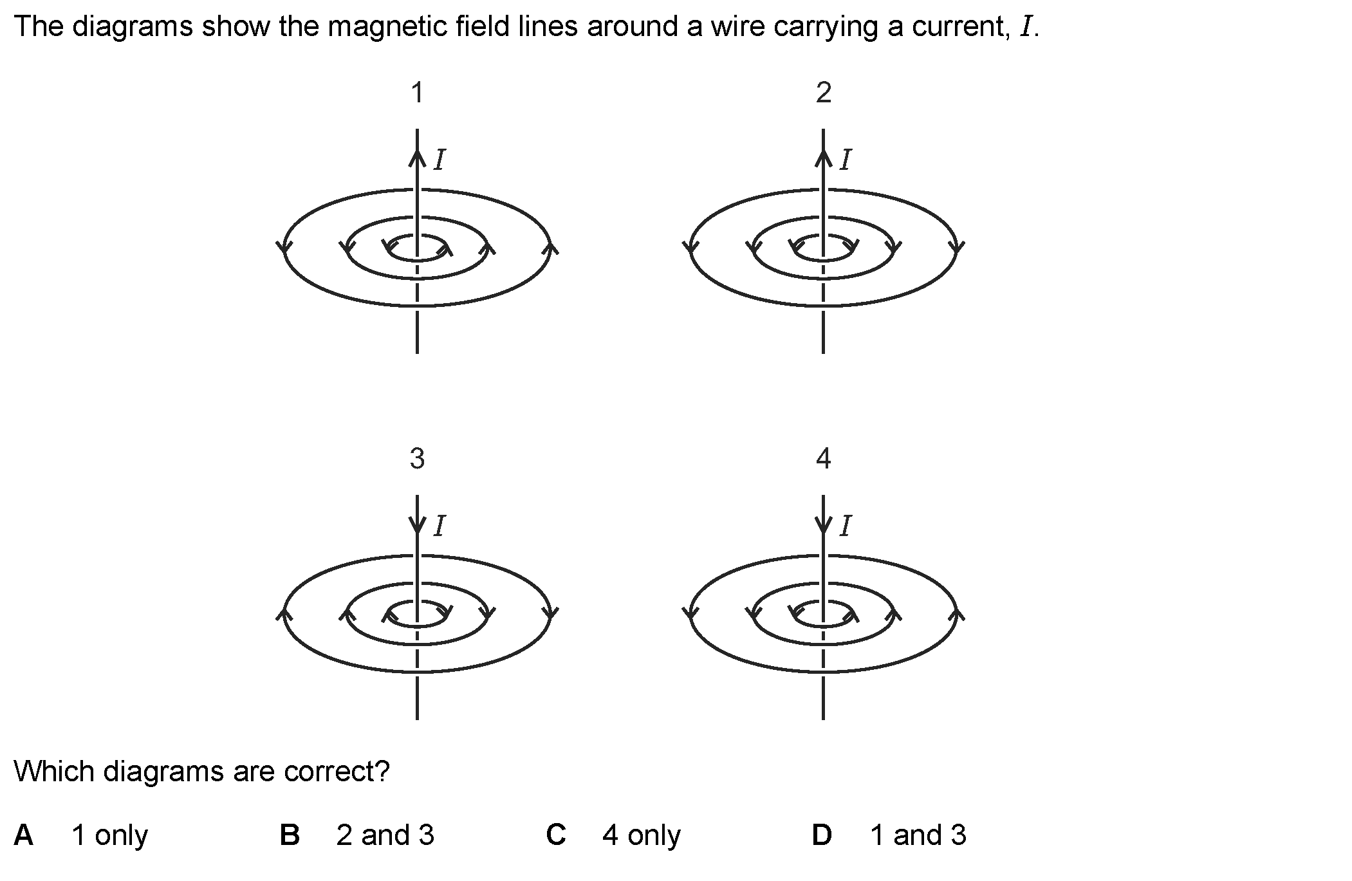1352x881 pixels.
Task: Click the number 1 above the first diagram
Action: coord(417,93)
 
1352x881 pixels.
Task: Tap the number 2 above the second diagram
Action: coord(823,93)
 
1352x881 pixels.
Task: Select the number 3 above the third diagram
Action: coord(417,459)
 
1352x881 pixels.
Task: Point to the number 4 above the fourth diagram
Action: coord(823,459)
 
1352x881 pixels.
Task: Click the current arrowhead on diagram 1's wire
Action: coord(417,158)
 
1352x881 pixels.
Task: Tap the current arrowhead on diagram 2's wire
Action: coord(823,158)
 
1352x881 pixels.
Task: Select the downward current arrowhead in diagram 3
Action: coord(417,524)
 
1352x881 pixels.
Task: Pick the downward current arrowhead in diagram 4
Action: coord(823,524)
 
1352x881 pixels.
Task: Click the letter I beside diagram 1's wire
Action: coord(439,160)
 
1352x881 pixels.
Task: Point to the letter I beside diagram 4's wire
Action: coord(845,526)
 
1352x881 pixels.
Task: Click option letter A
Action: coord(24,835)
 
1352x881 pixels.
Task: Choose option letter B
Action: coord(290,835)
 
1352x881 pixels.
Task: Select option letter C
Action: coord(556,835)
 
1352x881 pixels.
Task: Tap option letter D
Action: coord(822,835)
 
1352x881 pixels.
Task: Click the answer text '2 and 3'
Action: coord(385,835)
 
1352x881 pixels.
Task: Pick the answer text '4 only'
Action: coord(641,835)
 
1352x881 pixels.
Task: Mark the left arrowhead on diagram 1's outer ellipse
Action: coord(284,248)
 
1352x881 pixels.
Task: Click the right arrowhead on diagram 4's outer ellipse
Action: coord(957,613)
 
